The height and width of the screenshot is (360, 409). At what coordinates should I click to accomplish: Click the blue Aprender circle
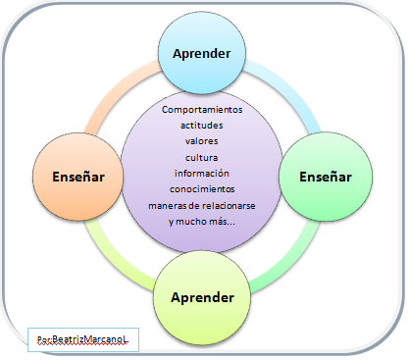(202, 52)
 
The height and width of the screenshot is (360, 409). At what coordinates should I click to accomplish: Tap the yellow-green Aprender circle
(202, 297)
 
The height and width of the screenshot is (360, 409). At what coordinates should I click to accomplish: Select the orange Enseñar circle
(78, 177)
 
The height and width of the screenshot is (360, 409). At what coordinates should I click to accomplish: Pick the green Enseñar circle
(326, 177)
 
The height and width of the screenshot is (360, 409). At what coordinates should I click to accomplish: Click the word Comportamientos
(202, 110)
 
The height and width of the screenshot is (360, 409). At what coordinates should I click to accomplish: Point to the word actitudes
(202, 126)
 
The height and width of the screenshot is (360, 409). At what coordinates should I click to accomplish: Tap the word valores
(202, 141)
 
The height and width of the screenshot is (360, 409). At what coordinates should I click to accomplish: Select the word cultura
(202, 158)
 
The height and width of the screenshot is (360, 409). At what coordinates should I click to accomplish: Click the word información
(202, 173)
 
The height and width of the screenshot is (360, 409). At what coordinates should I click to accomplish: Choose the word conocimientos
(202, 189)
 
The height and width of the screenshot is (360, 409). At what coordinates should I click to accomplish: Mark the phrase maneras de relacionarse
(202, 206)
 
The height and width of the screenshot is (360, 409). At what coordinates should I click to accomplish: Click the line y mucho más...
(202, 222)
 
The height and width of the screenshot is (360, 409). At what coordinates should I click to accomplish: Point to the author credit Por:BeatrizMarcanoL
(82, 339)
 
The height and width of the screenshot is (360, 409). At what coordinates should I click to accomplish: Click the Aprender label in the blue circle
(202, 54)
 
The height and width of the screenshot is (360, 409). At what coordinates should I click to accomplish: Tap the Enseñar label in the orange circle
(78, 177)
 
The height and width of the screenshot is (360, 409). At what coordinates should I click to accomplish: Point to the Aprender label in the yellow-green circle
(202, 298)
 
